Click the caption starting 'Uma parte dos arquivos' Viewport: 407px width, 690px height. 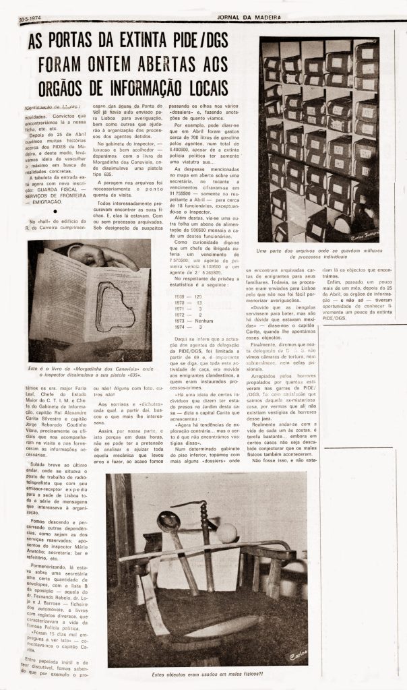click(x=319, y=254)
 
